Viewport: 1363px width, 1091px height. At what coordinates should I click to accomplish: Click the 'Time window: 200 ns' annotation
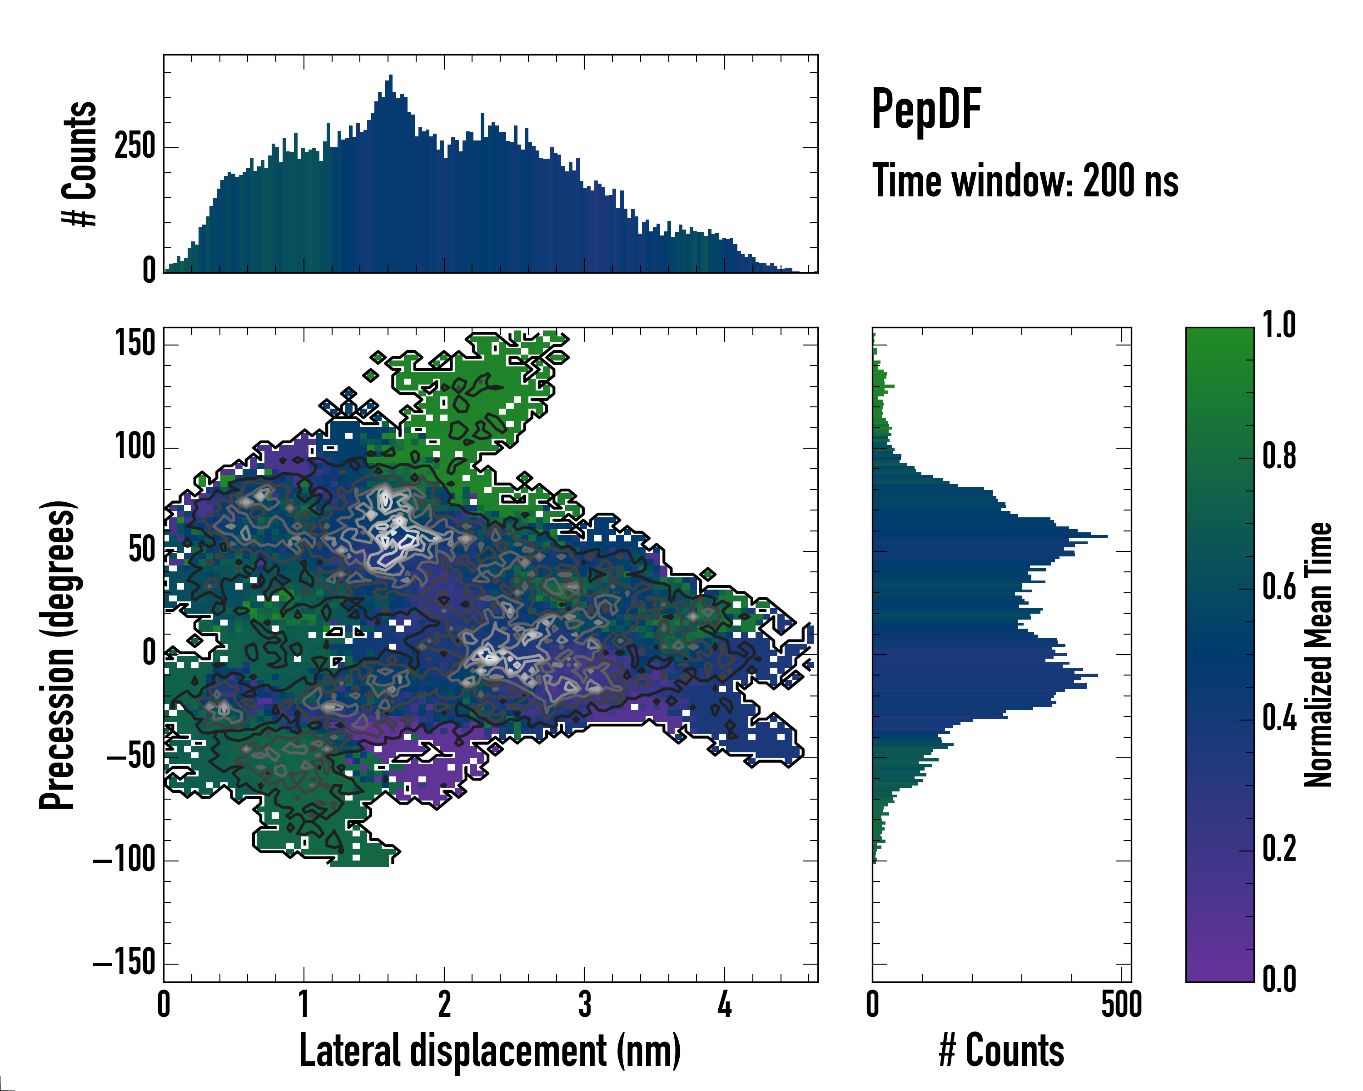tap(1025, 181)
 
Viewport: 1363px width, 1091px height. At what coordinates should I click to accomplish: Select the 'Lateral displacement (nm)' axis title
tap(490, 1051)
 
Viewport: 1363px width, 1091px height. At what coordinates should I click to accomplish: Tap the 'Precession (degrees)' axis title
tap(58, 655)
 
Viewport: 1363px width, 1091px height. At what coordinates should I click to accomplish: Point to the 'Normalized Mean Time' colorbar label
tap(1318, 655)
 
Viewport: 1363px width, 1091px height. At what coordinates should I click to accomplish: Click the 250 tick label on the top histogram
tap(134, 147)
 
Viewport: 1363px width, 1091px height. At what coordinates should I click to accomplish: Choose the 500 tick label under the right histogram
tap(1121, 1004)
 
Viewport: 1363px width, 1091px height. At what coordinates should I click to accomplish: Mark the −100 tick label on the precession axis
tap(124, 860)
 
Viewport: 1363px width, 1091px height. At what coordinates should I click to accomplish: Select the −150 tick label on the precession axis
tap(124, 963)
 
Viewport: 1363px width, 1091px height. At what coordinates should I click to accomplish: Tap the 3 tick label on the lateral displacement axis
tap(585, 1004)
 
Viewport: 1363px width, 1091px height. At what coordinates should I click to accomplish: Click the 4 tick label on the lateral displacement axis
tap(725, 1004)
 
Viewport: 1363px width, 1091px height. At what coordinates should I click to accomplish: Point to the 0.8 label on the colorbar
tap(1279, 455)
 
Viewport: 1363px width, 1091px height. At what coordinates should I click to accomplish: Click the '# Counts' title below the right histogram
tap(1001, 1051)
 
